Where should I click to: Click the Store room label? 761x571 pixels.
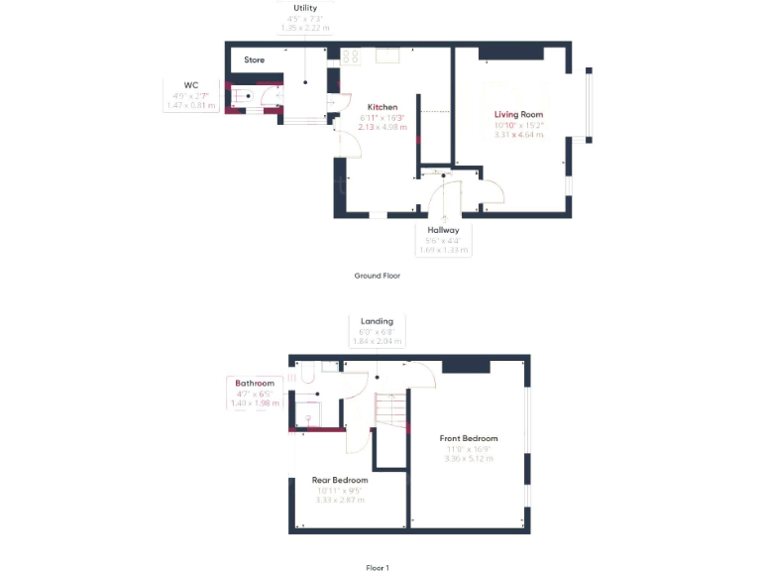tap(255, 60)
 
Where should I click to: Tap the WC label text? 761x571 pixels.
tap(191, 85)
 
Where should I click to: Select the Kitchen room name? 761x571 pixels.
tap(382, 107)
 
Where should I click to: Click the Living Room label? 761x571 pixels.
tap(519, 115)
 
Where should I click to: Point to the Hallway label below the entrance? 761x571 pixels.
tap(443, 230)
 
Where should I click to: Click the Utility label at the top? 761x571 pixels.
tap(305, 8)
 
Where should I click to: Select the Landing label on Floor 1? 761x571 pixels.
tap(377, 321)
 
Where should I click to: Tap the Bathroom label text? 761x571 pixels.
tap(255, 382)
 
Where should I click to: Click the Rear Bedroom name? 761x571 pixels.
tap(340, 480)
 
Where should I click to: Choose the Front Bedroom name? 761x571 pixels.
tap(469, 438)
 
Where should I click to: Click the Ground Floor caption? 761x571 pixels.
tap(377, 276)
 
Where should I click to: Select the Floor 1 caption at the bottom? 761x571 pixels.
tap(378, 568)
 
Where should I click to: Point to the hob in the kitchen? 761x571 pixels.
tap(350, 57)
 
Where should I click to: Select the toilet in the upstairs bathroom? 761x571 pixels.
tap(305, 374)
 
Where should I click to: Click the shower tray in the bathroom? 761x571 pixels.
tap(312, 410)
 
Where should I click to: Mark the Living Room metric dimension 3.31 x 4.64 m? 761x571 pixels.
tap(519, 135)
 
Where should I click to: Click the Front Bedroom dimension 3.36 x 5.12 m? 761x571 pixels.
tap(469, 458)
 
